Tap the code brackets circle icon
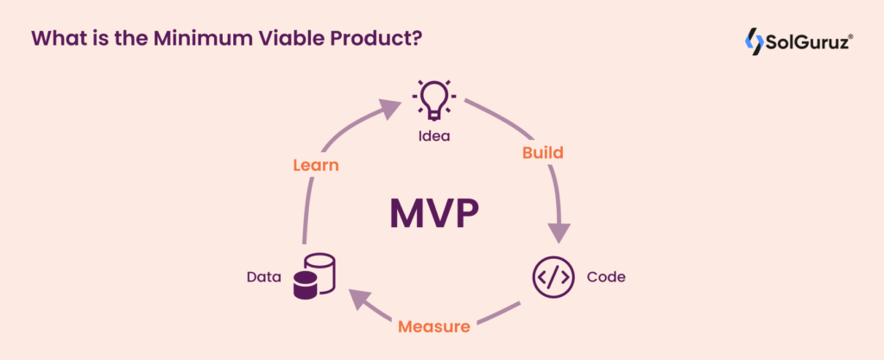552,277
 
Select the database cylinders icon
314,277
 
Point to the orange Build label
543,153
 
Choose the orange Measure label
434,327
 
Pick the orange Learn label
315,164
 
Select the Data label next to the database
264,277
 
